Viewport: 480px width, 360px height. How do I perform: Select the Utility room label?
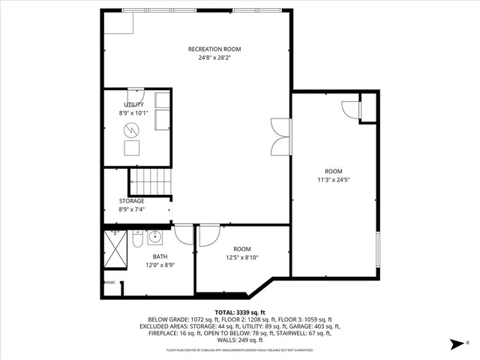tap(133, 104)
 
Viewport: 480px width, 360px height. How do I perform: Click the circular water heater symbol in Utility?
tap(132, 130)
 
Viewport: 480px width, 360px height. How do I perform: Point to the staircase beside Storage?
tap(151, 182)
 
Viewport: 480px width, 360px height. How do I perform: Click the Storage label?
tap(132, 201)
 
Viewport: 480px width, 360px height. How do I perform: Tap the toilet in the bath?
tap(138, 240)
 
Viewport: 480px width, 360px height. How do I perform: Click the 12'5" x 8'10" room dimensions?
tap(241, 258)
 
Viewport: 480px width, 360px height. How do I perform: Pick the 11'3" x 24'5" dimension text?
tap(333, 180)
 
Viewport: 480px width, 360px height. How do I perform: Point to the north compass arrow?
tap(455, 345)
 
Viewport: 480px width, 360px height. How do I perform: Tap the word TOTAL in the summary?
tap(225, 311)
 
